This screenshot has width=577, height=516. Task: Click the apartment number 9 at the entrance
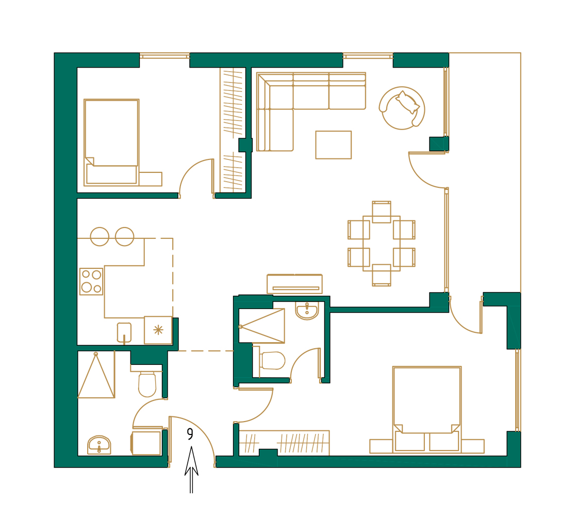click(190, 434)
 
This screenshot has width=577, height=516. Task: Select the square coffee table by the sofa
click(333, 144)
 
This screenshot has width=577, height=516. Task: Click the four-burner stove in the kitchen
click(91, 281)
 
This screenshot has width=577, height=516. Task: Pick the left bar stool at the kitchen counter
click(100, 236)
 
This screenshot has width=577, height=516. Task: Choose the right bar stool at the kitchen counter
click(124, 236)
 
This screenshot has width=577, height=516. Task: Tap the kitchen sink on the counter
click(124, 332)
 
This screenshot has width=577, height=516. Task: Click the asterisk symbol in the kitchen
click(158, 330)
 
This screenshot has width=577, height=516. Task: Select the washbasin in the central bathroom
click(307, 310)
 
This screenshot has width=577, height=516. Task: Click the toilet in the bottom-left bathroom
click(147, 384)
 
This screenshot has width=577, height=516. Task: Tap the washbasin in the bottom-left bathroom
click(99, 444)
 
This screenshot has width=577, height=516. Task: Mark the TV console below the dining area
click(294, 284)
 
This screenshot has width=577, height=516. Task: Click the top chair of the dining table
click(382, 212)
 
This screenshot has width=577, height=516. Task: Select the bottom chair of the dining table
click(382, 275)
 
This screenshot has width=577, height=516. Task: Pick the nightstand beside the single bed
click(150, 179)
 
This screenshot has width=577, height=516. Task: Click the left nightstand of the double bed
click(381, 446)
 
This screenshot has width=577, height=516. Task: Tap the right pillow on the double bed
click(444, 441)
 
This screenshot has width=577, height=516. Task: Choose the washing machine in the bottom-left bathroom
click(146, 443)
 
